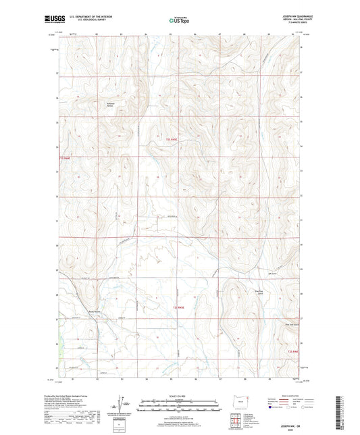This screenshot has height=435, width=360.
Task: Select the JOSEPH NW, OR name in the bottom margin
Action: tap(284, 424)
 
